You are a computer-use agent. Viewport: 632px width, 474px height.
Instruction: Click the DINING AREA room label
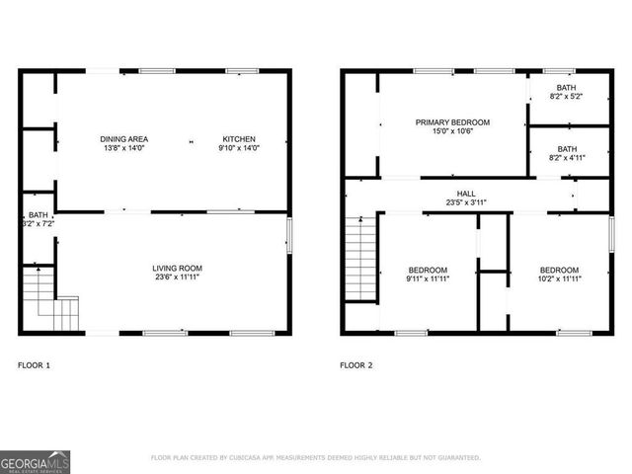pyautogui.click(x=123, y=139)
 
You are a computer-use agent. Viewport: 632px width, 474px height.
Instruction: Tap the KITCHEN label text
pyautogui.click(x=239, y=139)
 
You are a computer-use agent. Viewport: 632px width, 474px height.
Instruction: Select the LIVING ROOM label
pyautogui.click(x=177, y=269)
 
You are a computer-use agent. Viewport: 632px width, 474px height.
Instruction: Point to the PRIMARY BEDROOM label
pyautogui.click(x=452, y=122)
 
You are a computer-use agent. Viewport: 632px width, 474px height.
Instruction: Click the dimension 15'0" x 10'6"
pyautogui.click(x=452, y=132)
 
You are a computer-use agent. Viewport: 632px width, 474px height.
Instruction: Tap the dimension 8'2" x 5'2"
pyautogui.click(x=566, y=97)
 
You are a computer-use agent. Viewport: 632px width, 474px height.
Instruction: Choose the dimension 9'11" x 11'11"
pyautogui.click(x=428, y=279)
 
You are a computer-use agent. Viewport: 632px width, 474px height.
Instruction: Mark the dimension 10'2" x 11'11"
pyautogui.click(x=559, y=279)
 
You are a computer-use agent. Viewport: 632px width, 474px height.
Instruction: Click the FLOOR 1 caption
pyautogui.click(x=34, y=365)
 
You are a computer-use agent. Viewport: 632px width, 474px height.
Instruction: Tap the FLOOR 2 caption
pyautogui.click(x=356, y=365)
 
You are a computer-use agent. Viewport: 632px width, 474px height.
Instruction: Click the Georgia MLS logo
pyautogui.click(x=35, y=460)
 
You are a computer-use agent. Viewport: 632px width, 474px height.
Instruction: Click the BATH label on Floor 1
pyautogui.click(x=38, y=215)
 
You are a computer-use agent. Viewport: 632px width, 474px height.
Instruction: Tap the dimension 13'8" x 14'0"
pyautogui.click(x=123, y=149)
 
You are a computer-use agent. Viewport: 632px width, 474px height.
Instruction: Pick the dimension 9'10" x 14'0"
pyautogui.click(x=239, y=149)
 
